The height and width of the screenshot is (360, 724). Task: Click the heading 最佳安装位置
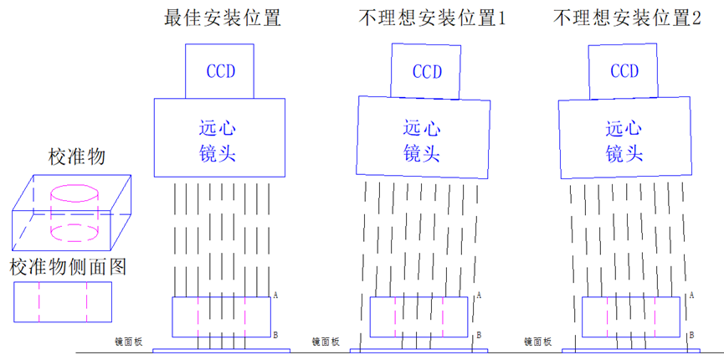[x=222, y=18]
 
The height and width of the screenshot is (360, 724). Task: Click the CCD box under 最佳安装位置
[x=221, y=70]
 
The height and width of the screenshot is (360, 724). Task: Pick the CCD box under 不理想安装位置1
[x=425, y=71]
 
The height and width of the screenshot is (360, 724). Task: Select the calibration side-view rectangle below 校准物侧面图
[x=62, y=301]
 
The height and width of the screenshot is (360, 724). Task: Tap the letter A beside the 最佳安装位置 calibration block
[x=275, y=296]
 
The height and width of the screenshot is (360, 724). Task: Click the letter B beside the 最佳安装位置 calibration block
[x=275, y=333]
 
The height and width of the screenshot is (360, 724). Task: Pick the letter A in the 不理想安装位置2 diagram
[x=691, y=296]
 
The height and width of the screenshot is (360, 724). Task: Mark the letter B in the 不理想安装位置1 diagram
[x=479, y=335]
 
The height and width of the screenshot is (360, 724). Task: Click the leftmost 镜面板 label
[x=130, y=342]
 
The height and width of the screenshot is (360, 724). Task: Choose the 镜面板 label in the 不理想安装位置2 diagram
[x=537, y=342]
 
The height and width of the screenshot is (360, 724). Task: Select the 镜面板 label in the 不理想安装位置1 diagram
[x=326, y=342]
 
